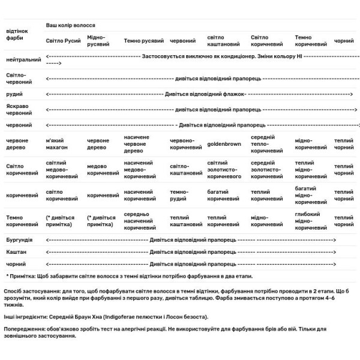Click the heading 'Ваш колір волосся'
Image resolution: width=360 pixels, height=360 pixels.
(71, 25)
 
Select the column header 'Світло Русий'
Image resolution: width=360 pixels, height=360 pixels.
(64, 41)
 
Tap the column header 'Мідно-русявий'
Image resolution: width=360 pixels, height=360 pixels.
(98, 41)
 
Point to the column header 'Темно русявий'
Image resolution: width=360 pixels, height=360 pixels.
(144, 41)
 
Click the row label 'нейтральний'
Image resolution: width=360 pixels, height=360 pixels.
(23, 59)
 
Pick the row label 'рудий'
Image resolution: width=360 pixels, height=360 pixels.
(14, 94)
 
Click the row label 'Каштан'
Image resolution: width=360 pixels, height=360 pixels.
(16, 251)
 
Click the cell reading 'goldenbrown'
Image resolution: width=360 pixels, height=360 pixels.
(224, 145)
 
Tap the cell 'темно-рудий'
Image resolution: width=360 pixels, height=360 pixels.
(179, 196)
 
